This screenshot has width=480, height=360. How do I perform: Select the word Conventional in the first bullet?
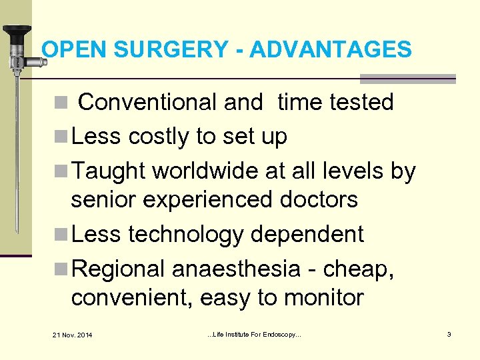tap(147, 103)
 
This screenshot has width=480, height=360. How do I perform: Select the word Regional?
tap(118, 269)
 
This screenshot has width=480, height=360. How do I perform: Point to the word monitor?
tap(324, 297)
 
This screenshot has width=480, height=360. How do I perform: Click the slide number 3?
tap(449, 333)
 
